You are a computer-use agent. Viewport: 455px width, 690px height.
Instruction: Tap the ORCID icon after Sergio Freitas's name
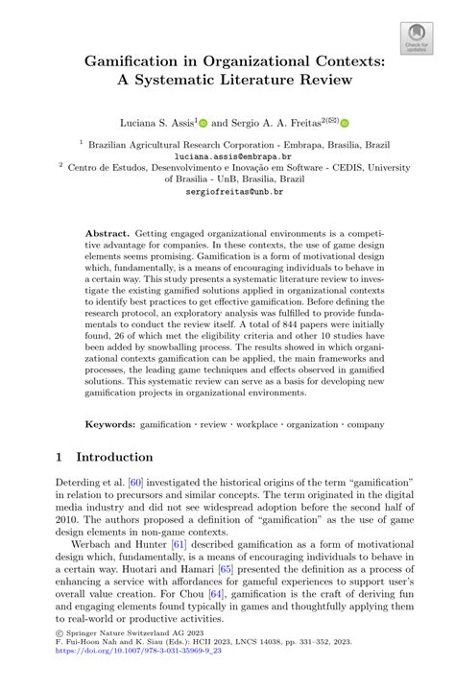point(345,123)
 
